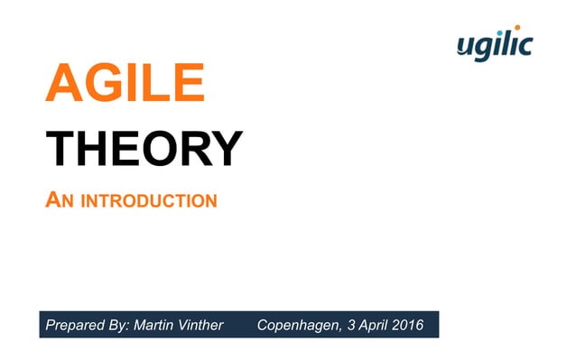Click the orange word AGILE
pos(125,85)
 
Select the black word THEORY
pos(144,149)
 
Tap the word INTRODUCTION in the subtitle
pos(149,200)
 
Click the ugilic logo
pos(495,44)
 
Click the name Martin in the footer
pos(153,325)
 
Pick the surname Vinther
pos(200,325)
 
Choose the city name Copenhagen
pos(296,325)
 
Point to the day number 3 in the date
pos(348,325)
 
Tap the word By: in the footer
pos(116,325)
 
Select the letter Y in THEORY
pos(225,149)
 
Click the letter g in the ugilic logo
pos(485,48)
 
